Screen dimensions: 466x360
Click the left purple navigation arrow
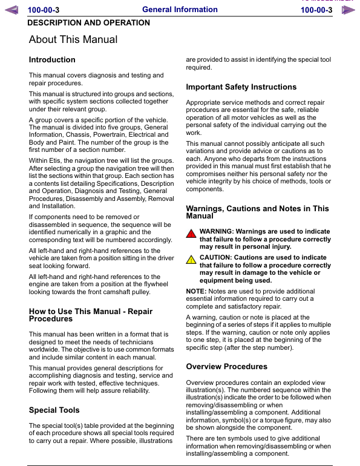12,10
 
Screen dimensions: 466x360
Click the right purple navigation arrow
347,10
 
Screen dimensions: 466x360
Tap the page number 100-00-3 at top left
48,10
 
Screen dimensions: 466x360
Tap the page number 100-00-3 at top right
316,10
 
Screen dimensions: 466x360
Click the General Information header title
180,10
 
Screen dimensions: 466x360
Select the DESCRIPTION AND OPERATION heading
89,23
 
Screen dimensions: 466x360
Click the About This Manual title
73,40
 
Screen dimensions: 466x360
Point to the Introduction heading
52,60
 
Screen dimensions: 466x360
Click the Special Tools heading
54,410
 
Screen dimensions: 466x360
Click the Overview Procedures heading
226,367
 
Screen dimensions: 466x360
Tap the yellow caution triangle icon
191,260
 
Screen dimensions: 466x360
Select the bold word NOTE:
196,291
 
